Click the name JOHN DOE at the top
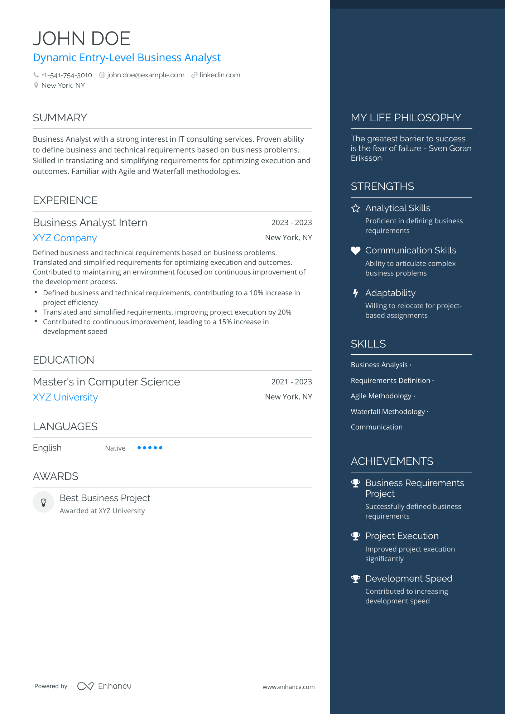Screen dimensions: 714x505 (82, 39)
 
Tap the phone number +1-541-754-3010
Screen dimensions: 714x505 (67, 75)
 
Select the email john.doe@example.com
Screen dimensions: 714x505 (145, 75)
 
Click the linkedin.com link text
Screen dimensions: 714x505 (220, 75)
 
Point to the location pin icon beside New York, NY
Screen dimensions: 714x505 (36, 86)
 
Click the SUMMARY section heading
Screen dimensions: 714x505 (60, 118)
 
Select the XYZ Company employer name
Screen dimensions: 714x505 (65, 238)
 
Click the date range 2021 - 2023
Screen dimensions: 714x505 (292, 382)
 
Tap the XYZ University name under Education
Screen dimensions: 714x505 (65, 397)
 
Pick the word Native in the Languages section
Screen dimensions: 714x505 (115, 448)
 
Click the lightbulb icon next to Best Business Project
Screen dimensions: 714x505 (43, 502)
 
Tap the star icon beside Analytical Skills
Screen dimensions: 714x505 (355, 208)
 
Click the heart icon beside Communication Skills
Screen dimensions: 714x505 (355, 251)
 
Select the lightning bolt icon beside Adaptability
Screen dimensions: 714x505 (355, 293)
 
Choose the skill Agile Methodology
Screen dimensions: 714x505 (381, 396)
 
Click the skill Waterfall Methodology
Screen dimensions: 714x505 (388, 412)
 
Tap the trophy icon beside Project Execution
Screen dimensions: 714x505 (355, 536)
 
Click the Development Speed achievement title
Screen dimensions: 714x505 (409, 578)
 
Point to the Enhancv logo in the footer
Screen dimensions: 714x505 (104, 686)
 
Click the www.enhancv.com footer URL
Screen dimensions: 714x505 (288, 687)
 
